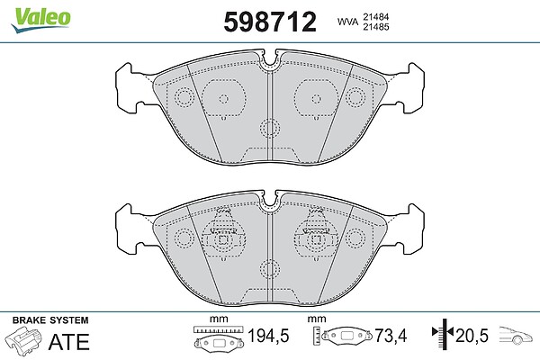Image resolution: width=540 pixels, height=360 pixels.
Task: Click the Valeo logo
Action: click(x=40, y=20)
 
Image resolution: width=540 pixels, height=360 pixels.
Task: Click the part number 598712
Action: click(x=270, y=22)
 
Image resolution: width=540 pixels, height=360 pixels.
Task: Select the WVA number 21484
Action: click(x=375, y=16)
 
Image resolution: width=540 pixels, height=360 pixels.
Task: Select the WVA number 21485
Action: click(x=375, y=26)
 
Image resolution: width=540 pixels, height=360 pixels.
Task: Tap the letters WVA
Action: click(x=347, y=22)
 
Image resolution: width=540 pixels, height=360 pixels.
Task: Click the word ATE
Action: click(x=69, y=341)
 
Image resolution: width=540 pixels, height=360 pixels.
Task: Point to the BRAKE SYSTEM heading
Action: click(x=50, y=320)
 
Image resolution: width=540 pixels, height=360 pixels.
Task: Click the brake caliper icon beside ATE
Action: click(x=24, y=338)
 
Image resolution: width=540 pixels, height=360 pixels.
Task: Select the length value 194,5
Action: click(x=268, y=336)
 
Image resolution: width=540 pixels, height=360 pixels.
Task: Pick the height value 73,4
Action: click(x=391, y=336)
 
